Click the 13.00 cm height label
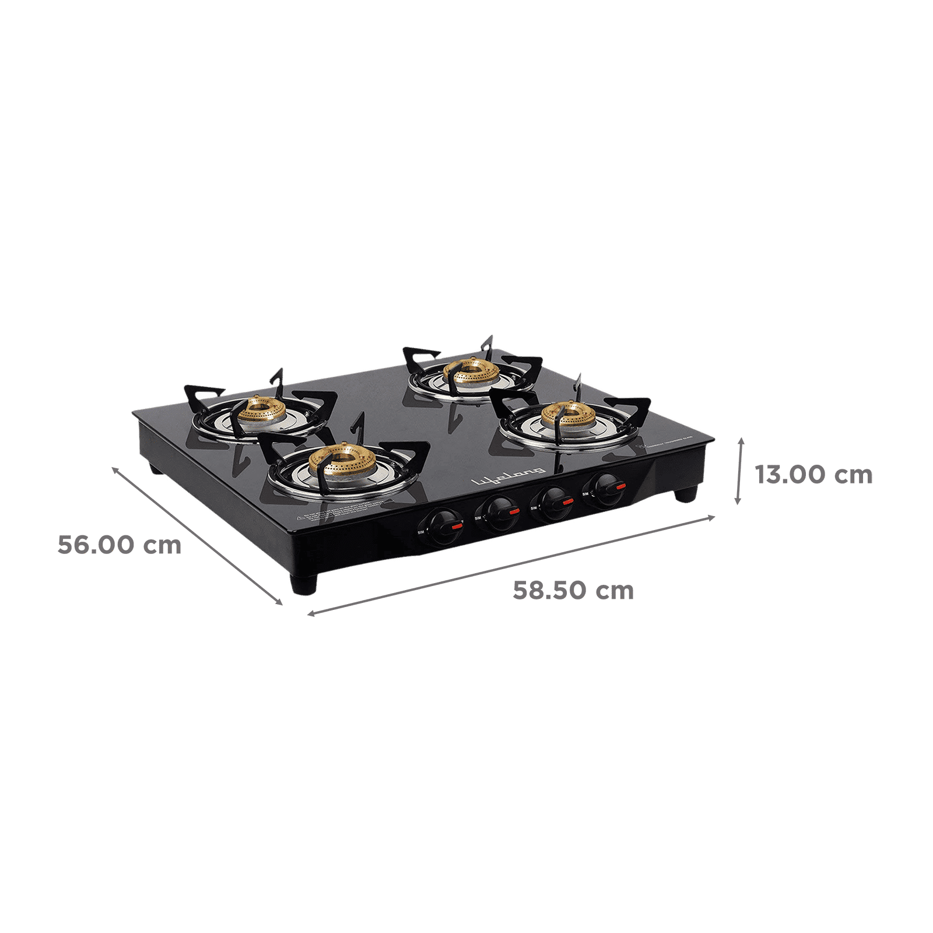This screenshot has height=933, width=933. click(x=814, y=475)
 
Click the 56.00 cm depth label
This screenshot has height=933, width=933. click(x=119, y=546)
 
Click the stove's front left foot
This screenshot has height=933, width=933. click(x=303, y=585)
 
